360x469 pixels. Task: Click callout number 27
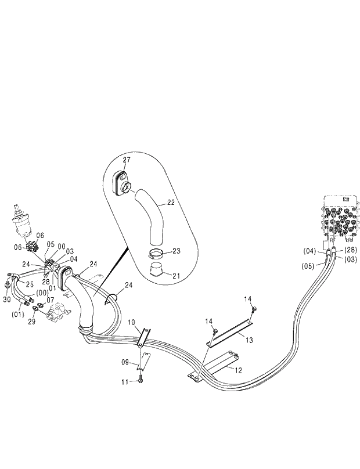(x=127, y=159)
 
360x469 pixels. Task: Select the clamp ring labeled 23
(x=156, y=253)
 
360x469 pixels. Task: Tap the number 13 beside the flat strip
(x=249, y=340)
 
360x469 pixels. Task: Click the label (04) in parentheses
(x=309, y=251)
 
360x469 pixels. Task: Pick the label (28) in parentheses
(x=350, y=250)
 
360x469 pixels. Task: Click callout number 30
(x=6, y=300)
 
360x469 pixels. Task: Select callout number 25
(x=29, y=284)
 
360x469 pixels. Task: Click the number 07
(x=51, y=300)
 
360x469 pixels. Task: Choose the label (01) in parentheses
(x=17, y=315)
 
